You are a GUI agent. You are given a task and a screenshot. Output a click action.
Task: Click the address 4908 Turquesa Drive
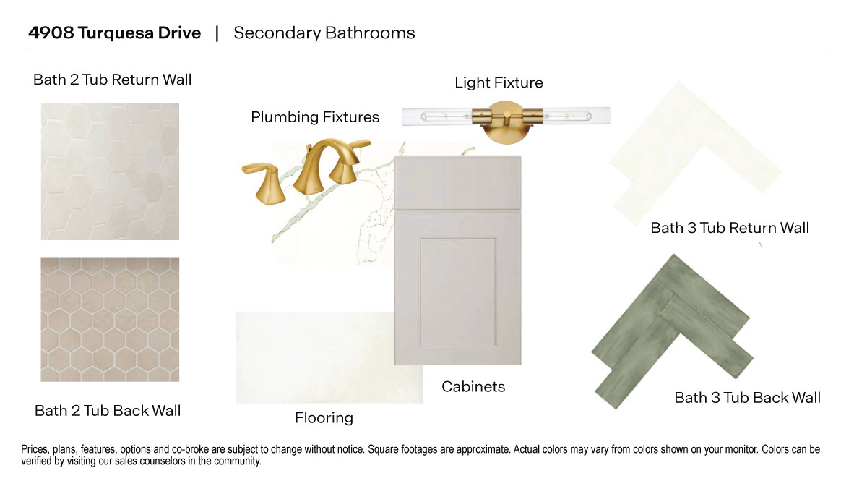pyautogui.click(x=114, y=33)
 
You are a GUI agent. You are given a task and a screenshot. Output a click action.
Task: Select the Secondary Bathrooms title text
pyautogui.click(x=324, y=33)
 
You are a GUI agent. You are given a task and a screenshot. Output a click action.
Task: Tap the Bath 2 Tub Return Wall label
pyautogui.click(x=112, y=80)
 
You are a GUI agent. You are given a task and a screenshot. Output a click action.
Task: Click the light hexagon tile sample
pyautogui.click(x=110, y=171)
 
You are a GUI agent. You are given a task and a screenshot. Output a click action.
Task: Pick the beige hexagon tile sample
pyautogui.click(x=110, y=320)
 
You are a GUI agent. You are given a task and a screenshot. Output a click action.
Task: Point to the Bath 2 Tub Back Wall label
pyautogui.click(x=108, y=411)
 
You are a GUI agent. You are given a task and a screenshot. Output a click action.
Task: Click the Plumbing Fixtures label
pyautogui.click(x=315, y=117)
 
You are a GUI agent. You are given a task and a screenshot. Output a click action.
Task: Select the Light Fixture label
pyautogui.click(x=499, y=83)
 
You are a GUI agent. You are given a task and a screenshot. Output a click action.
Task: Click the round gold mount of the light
pyautogui.click(x=506, y=123)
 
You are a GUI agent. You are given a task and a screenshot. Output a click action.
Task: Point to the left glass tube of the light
pyautogui.click(x=438, y=116)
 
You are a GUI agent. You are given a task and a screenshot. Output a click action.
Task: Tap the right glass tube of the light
pyautogui.click(x=576, y=116)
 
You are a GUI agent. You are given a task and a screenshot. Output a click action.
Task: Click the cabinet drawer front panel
pyautogui.click(x=457, y=183)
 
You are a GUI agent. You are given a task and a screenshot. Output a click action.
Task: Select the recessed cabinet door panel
pyautogui.click(x=457, y=291)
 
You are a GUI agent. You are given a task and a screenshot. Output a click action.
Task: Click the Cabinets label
pyautogui.click(x=473, y=387)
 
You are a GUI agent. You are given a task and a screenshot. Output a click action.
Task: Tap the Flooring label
pyautogui.click(x=324, y=418)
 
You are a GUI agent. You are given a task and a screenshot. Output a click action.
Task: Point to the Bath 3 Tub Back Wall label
pyautogui.click(x=747, y=398)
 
